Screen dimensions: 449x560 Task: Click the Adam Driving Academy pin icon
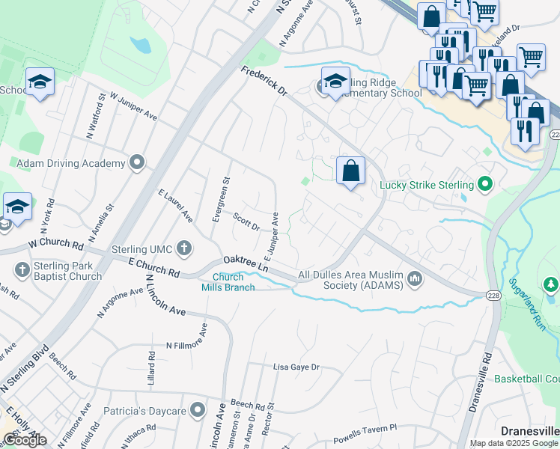coord(136,163)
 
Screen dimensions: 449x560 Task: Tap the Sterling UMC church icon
coord(183,249)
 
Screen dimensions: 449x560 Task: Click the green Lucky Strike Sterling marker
coord(484,184)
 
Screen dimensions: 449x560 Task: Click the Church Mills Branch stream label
coord(233,281)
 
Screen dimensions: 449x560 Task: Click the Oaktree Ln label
coord(245,263)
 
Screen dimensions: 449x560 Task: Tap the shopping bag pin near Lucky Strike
coord(350,171)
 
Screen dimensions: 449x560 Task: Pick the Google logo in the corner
coord(25,440)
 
